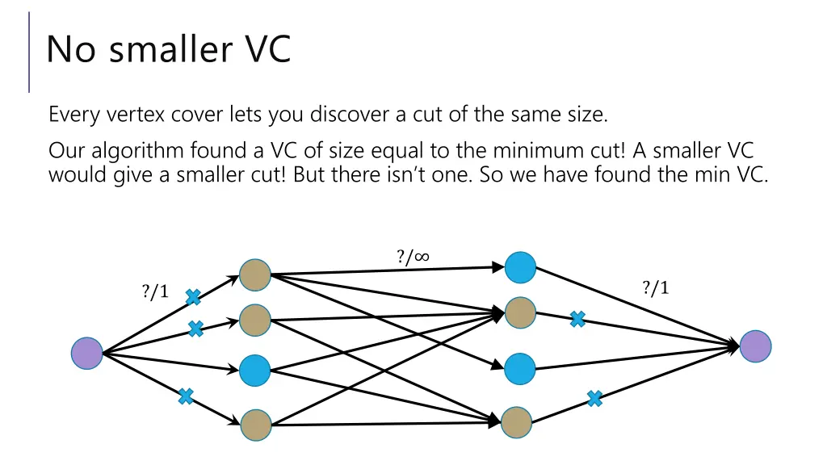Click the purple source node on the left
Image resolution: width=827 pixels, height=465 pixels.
pyautogui.click(x=87, y=354)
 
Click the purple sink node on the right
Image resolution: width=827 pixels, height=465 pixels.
pyautogui.click(x=756, y=346)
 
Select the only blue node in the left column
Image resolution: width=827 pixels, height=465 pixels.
pyautogui.click(x=255, y=371)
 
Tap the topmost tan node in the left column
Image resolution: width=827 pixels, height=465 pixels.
pyautogui.click(x=255, y=275)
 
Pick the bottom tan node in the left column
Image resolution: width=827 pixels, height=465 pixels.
pyautogui.click(x=255, y=425)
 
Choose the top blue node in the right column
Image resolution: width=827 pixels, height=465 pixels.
pyautogui.click(x=519, y=267)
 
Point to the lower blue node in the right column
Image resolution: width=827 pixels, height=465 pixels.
pyautogui.click(x=519, y=369)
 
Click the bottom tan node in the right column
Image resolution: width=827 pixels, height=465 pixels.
pyautogui.click(x=516, y=422)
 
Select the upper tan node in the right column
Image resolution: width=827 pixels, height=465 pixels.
pyautogui.click(x=520, y=312)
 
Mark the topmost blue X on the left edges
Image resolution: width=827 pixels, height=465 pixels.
pyautogui.click(x=194, y=298)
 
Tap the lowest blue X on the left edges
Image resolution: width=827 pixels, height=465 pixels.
pyautogui.click(x=186, y=396)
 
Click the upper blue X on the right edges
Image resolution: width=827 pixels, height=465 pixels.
pyautogui.click(x=577, y=320)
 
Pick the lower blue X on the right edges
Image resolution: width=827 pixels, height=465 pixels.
pyautogui.click(x=595, y=398)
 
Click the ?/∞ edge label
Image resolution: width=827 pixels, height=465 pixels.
pyautogui.click(x=413, y=257)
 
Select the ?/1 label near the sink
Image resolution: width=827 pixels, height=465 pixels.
pyautogui.click(x=656, y=287)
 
